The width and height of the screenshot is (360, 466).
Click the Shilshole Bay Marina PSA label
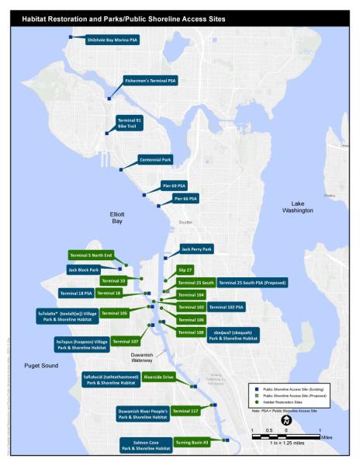112,40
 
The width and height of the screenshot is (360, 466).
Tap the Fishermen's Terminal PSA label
151,80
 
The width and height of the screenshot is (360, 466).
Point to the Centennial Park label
154,159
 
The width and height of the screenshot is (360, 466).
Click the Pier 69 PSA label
174,186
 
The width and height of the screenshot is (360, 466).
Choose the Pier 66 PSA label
185,199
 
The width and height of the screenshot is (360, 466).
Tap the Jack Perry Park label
196,249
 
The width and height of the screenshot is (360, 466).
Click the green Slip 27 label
185,270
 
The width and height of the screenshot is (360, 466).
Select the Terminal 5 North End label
92,256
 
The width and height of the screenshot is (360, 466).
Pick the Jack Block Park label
85,270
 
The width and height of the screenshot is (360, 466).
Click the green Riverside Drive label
158,377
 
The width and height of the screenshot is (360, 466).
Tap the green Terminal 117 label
185,410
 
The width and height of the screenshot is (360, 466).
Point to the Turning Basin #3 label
192,442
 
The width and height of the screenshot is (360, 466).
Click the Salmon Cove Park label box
145,445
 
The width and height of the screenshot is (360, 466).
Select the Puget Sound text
40,365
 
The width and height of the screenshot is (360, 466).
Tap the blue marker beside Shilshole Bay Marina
71,37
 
